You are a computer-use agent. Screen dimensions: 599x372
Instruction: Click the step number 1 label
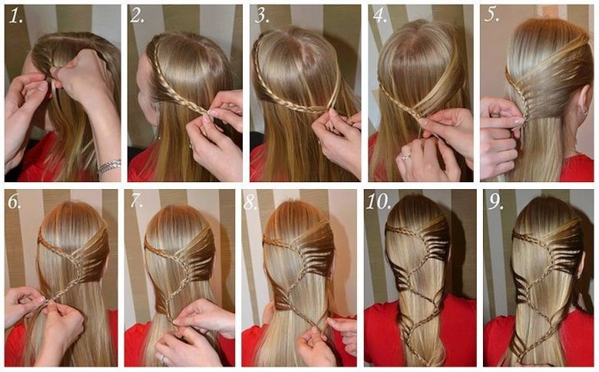tap(15, 16)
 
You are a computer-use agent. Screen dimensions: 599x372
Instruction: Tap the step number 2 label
tap(137, 15)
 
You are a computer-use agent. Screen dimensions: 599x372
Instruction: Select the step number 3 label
tap(262, 15)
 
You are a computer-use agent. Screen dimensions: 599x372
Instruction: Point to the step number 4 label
tap(379, 15)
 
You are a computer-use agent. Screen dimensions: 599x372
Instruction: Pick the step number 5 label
tap(492, 15)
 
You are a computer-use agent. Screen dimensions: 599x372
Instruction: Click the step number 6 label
tap(15, 202)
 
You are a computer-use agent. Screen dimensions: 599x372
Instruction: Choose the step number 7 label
tap(136, 201)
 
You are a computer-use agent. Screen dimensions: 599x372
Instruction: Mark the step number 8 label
tap(250, 203)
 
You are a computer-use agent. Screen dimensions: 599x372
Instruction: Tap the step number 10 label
tap(378, 201)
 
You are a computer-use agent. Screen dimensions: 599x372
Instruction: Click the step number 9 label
tap(495, 202)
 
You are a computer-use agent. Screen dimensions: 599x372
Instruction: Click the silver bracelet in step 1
tap(109, 167)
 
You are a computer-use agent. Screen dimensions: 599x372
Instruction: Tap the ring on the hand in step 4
tap(405, 156)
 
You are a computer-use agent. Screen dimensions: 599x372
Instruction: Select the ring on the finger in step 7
tap(163, 359)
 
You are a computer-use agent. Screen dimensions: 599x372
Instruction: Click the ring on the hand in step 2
tap(190, 145)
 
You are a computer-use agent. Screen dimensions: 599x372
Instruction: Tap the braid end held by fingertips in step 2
tap(208, 112)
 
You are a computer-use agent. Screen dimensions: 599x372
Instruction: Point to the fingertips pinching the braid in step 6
tap(47, 302)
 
